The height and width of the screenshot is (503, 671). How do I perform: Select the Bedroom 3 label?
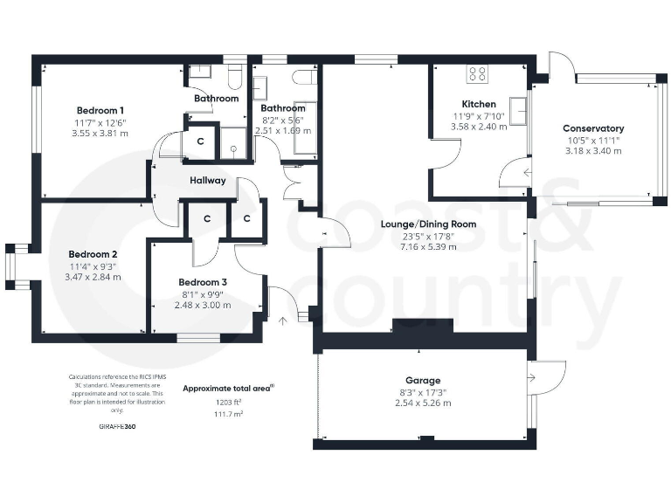pyautogui.click(x=203, y=282)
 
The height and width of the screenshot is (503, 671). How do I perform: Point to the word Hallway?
pyautogui.click(x=208, y=181)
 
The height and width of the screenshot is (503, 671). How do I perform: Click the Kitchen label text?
pyautogui.click(x=466, y=103)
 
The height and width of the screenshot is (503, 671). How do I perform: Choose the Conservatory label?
pyautogui.click(x=593, y=128)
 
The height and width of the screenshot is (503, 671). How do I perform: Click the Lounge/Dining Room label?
pyautogui.click(x=427, y=224)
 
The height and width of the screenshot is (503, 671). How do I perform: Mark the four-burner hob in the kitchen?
pyautogui.click(x=478, y=74)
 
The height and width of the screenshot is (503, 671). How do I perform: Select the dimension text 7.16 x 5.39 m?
pyautogui.click(x=427, y=247)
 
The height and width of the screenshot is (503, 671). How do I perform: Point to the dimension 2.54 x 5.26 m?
pyautogui.click(x=423, y=403)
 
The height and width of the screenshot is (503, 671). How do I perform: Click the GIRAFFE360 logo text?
pyautogui.click(x=118, y=427)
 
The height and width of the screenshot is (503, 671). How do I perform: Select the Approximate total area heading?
pyautogui.click(x=227, y=387)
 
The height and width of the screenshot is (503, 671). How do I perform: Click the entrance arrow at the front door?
pyautogui.click(x=281, y=320)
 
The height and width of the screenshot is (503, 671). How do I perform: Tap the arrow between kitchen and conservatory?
pyautogui.click(x=527, y=173)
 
